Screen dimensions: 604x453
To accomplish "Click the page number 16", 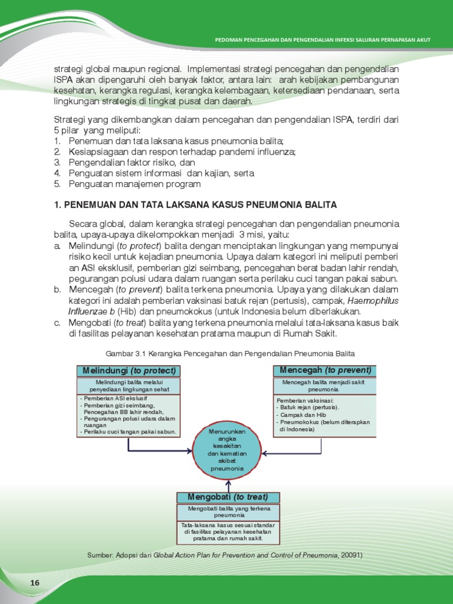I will pos(35,583).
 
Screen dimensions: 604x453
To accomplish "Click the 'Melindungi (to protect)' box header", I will pos(128,370).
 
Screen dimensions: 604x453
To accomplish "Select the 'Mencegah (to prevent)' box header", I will pos(324,370).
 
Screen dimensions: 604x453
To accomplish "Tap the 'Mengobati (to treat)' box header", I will pos(228,497).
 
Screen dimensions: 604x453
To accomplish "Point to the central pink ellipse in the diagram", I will pos(227,451).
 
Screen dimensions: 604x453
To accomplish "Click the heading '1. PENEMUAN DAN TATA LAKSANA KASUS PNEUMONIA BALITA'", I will pos(195,205).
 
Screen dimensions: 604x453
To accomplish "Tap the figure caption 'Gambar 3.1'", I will pos(230,353).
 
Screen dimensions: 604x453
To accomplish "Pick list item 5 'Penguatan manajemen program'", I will pos(134,184).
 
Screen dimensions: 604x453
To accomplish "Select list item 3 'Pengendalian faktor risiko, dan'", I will pos(132,162).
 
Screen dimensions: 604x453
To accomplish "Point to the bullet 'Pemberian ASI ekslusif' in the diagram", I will pos(109,399).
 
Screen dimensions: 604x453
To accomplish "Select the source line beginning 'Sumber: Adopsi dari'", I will pos(224,555).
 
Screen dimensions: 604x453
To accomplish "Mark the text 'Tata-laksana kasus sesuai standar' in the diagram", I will pos(228,524).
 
